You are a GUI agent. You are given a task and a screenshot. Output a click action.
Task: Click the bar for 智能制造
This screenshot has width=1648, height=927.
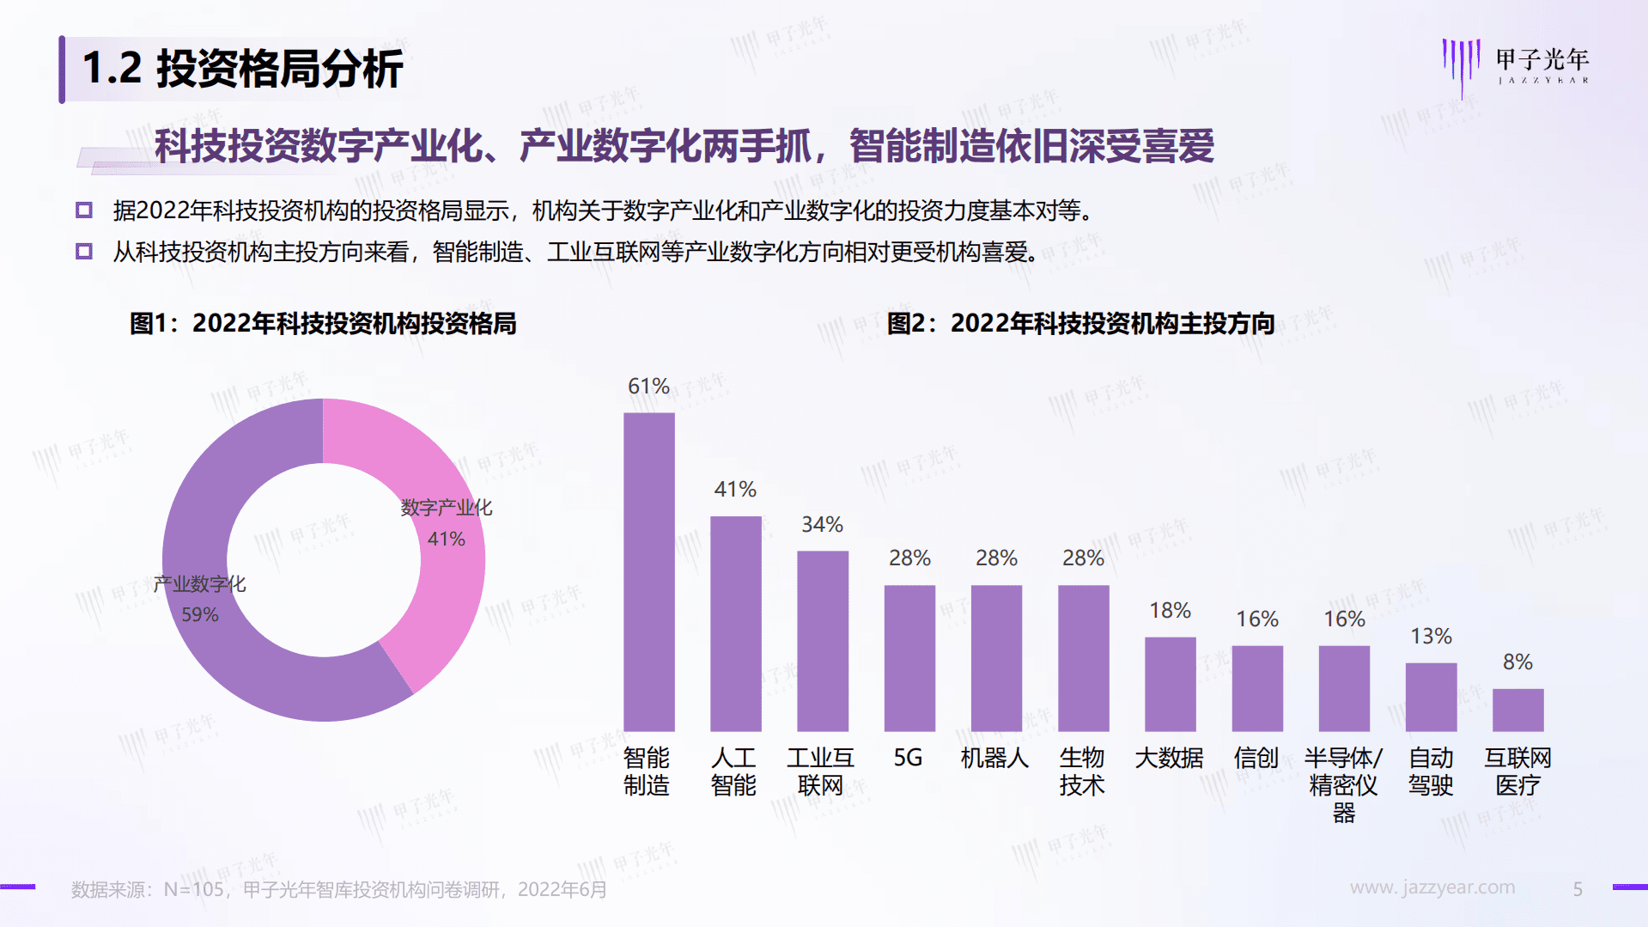pyautogui.click(x=648, y=571)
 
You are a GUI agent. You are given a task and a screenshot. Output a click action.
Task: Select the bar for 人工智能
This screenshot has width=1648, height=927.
pyautogui.click(x=735, y=623)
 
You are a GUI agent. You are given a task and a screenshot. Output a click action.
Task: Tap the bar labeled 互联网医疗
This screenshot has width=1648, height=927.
pyautogui.click(x=1517, y=710)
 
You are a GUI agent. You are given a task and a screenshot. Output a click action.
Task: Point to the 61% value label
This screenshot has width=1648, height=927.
pyautogui.click(x=648, y=386)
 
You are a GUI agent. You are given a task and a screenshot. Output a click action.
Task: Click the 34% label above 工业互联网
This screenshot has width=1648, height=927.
pyautogui.click(x=822, y=524)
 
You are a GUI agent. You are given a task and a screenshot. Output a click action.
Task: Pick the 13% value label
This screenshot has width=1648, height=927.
pyautogui.click(x=1431, y=636)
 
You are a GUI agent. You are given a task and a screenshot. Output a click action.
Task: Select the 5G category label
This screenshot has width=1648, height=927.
pyautogui.click(x=908, y=758)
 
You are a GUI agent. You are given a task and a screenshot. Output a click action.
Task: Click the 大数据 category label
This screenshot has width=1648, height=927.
pyautogui.click(x=1169, y=758)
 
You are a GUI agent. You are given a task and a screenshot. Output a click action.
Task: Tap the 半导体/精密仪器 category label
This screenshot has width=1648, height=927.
pyautogui.click(x=1343, y=784)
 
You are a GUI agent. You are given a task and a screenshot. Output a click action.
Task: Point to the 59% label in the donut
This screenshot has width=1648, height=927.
pyautogui.click(x=199, y=614)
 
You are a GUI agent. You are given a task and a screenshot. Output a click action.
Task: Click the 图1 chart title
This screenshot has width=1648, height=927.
pyautogui.click(x=323, y=323)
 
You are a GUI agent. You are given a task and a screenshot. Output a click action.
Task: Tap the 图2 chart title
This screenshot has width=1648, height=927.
pyautogui.click(x=1080, y=323)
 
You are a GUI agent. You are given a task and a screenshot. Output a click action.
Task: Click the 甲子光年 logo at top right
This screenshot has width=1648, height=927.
pyautogui.click(x=1516, y=64)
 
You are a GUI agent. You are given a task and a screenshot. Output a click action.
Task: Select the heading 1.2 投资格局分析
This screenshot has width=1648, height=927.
pyautogui.click(x=242, y=69)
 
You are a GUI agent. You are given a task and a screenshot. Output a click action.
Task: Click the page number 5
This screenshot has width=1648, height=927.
pyautogui.click(x=1578, y=889)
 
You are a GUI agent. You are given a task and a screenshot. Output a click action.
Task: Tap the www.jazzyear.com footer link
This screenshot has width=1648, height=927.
pyautogui.click(x=1432, y=887)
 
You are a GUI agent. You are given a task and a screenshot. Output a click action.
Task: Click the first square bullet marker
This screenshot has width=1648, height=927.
pyautogui.click(x=84, y=210)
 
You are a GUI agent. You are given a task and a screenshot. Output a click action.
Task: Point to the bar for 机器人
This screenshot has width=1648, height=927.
pyautogui.click(x=996, y=657)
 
